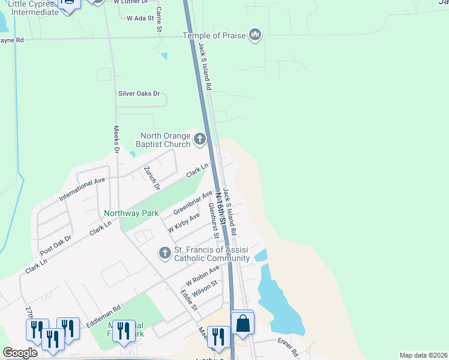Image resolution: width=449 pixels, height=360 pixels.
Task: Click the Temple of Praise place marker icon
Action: coord(256,35)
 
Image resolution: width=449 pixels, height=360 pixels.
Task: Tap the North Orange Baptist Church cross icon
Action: coord(199,140)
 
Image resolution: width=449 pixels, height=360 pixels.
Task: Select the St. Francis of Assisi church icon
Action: coord(165,254)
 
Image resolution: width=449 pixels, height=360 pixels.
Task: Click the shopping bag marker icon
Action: coord(243,323)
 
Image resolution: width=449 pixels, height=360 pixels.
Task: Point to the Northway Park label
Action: coord(131,213)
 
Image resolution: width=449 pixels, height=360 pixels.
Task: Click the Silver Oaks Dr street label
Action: coord(139,94)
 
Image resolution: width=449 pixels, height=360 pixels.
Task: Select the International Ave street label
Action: coord(82,188)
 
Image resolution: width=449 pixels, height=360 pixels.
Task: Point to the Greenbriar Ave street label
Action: coord(193,203)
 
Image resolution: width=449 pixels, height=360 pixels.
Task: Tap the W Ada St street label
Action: coord(140,18)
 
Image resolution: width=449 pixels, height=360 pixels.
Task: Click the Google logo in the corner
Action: coord(20,353)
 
